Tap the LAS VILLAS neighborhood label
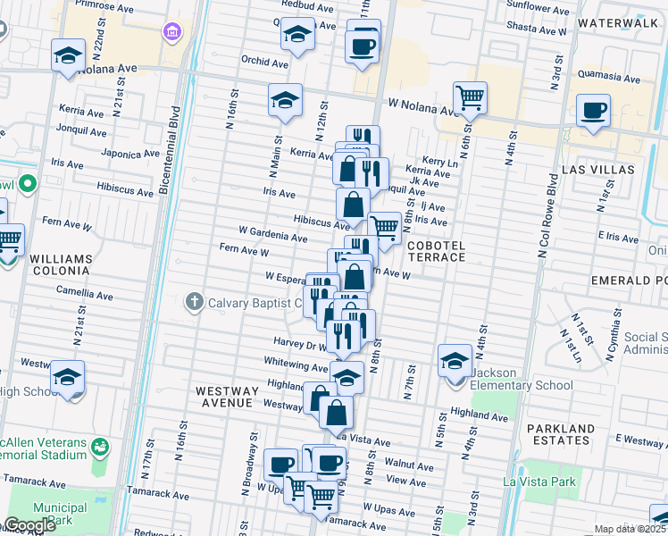[x=598, y=169]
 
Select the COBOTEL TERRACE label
[x=437, y=250]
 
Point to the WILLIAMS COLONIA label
[x=61, y=264]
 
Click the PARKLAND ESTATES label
[x=572, y=434]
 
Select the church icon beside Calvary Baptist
[x=194, y=302]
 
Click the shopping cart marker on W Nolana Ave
[x=470, y=96]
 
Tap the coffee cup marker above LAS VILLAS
[x=593, y=110]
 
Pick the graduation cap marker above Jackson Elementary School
[x=455, y=359]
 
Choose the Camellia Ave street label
[x=85, y=293]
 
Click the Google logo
[x=29, y=525]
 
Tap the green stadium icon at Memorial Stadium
[x=101, y=445]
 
